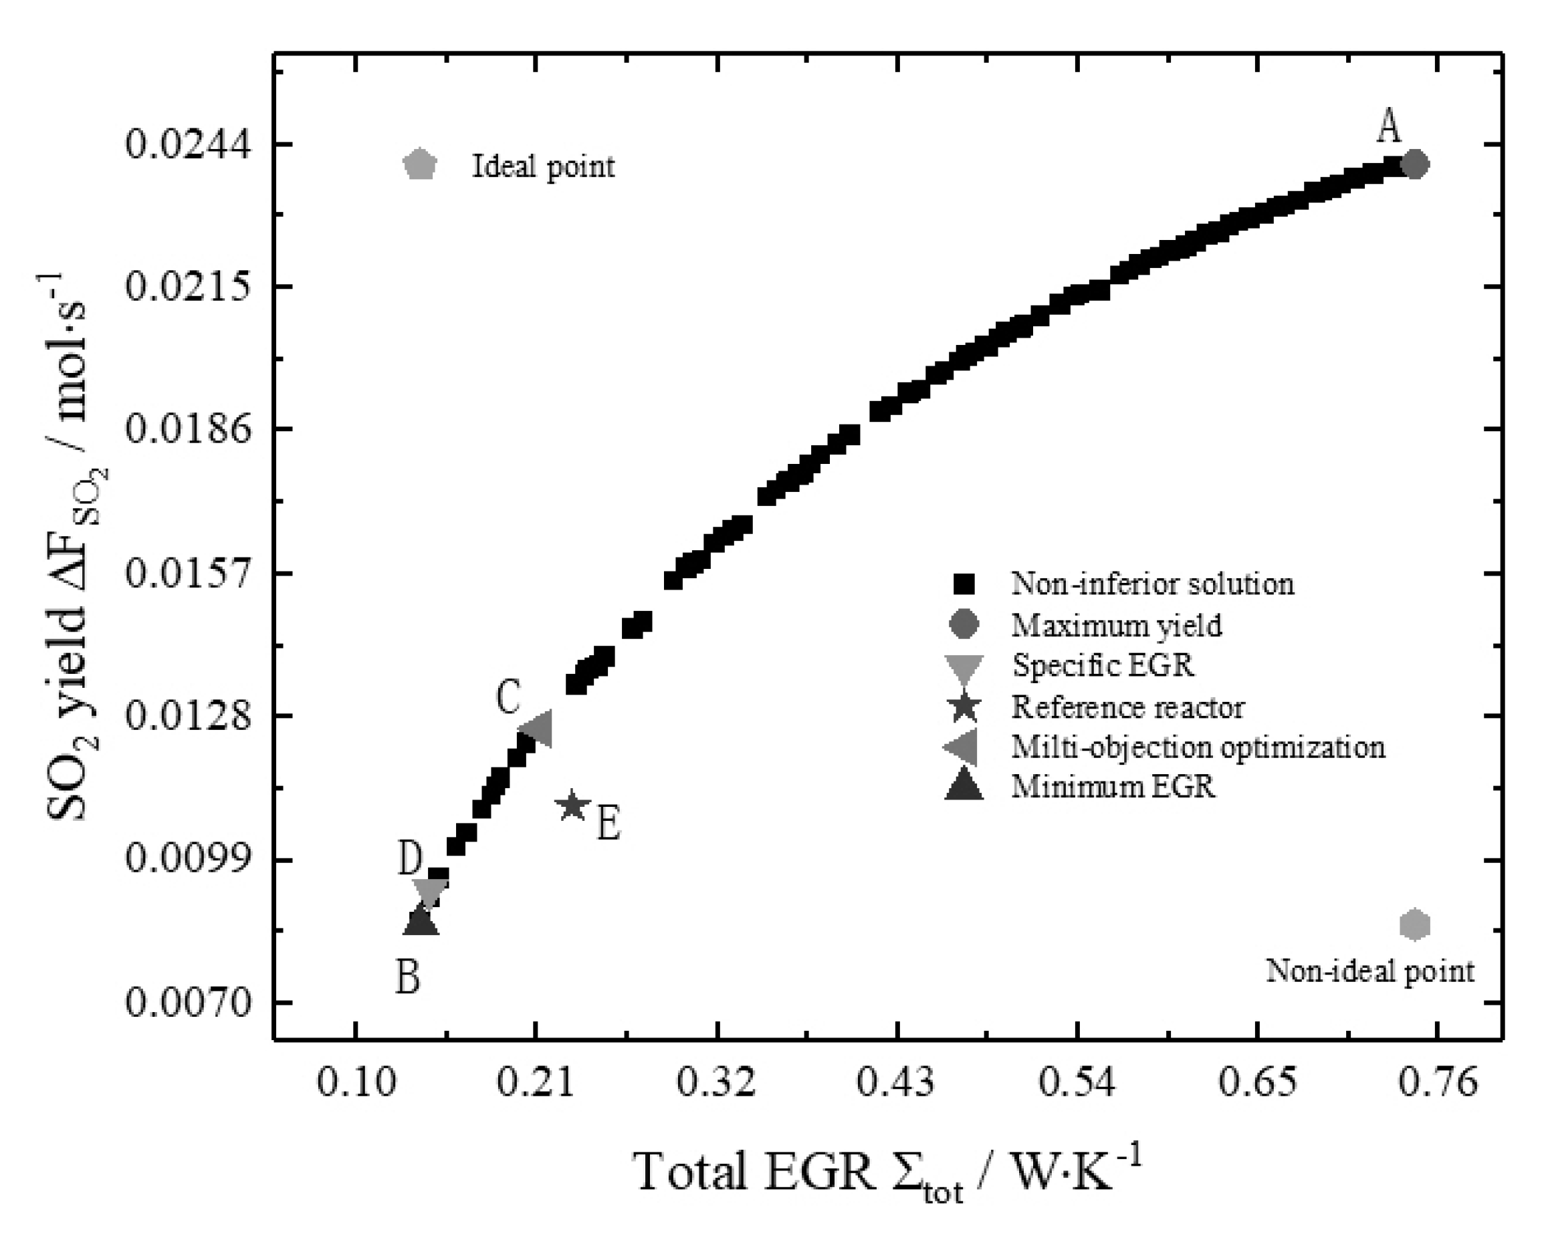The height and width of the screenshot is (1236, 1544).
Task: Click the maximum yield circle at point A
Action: [1415, 164]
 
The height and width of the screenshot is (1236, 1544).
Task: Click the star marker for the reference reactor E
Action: [572, 806]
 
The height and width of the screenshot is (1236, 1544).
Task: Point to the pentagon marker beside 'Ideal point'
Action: [420, 164]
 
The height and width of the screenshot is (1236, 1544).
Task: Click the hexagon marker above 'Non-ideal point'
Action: [1415, 924]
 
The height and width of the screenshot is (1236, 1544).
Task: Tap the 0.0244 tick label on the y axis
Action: [189, 144]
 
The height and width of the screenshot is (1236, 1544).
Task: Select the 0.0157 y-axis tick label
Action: [189, 573]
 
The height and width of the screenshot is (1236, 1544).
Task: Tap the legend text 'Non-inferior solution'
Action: [1152, 584]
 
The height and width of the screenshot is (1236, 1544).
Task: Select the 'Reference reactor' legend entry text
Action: [1128, 707]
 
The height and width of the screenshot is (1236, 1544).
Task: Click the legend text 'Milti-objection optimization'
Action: [1198, 747]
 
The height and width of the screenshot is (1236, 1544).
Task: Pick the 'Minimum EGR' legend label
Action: [1113, 787]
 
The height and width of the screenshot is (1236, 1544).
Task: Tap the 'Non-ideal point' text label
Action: [1370, 971]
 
